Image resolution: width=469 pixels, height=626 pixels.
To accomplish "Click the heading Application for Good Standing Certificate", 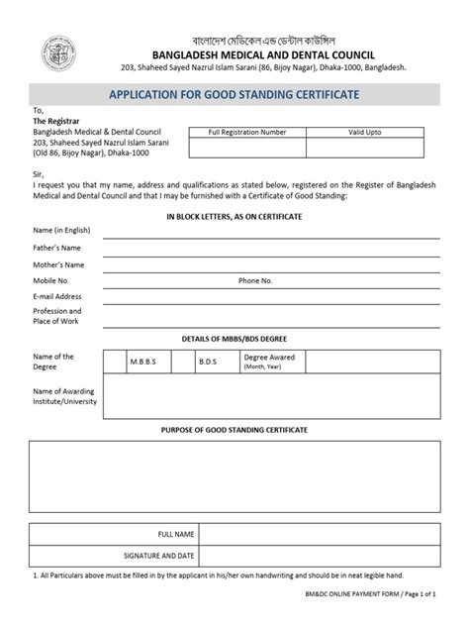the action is point(234,95).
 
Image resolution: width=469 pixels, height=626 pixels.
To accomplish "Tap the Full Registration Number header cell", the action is point(247,132).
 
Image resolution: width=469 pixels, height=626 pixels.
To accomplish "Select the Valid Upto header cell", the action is point(364,132).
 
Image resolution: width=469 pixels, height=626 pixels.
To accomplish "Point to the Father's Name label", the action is point(56,248).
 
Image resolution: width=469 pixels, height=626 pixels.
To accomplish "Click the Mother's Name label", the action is point(58,265).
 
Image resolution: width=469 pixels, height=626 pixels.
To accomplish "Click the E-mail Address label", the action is point(57,296).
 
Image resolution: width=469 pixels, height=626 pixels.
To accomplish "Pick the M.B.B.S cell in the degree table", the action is point(142,364).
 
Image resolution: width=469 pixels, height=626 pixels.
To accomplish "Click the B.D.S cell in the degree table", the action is point(208,364).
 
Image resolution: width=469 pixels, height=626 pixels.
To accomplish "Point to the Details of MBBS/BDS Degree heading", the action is point(234,340).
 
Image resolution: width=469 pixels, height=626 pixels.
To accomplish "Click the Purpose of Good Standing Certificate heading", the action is point(234,431).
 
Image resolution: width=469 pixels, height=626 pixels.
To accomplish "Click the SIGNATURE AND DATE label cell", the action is point(158,557).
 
